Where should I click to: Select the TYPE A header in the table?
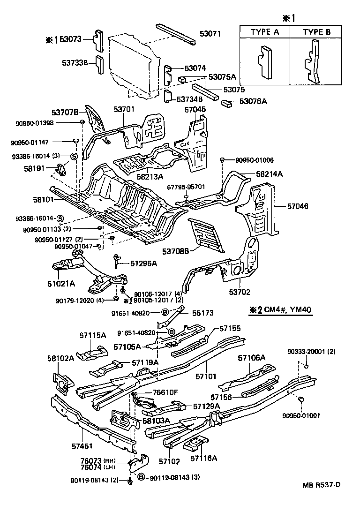[264, 32]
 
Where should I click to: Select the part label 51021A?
[61, 283]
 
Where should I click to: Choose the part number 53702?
[240, 292]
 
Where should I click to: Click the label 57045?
[195, 109]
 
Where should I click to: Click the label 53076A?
[253, 101]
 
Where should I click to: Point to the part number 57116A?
[204, 457]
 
